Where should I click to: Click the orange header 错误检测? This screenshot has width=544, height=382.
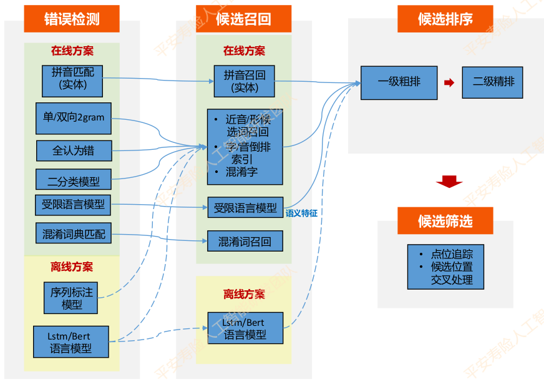[72, 19]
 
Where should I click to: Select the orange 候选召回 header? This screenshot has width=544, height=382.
[243, 19]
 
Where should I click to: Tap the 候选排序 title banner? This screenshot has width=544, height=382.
[445, 19]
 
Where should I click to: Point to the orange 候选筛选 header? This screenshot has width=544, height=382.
[445, 221]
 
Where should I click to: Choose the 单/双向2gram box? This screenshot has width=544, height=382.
[74, 118]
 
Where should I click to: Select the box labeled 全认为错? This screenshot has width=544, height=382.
[74, 150]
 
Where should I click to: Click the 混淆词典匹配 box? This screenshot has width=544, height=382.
[74, 234]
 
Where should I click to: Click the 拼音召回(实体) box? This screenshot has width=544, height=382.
[244, 81]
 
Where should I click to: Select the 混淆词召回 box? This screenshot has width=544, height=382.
[245, 241]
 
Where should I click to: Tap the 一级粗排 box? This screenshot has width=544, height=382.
[399, 82]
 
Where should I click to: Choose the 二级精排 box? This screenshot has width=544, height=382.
[492, 82]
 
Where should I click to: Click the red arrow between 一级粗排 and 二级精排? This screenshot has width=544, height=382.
[449, 82]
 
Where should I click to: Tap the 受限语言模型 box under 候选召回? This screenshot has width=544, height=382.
[245, 207]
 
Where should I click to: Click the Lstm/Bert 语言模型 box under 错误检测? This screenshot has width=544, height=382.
[70, 341]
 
